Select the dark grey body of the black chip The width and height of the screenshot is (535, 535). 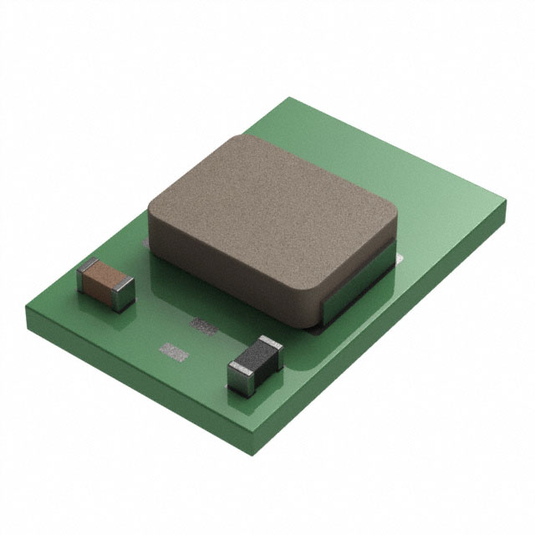point(252,362)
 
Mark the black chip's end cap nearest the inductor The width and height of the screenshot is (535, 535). point(273,348)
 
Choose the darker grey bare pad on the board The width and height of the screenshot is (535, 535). point(203,323)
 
